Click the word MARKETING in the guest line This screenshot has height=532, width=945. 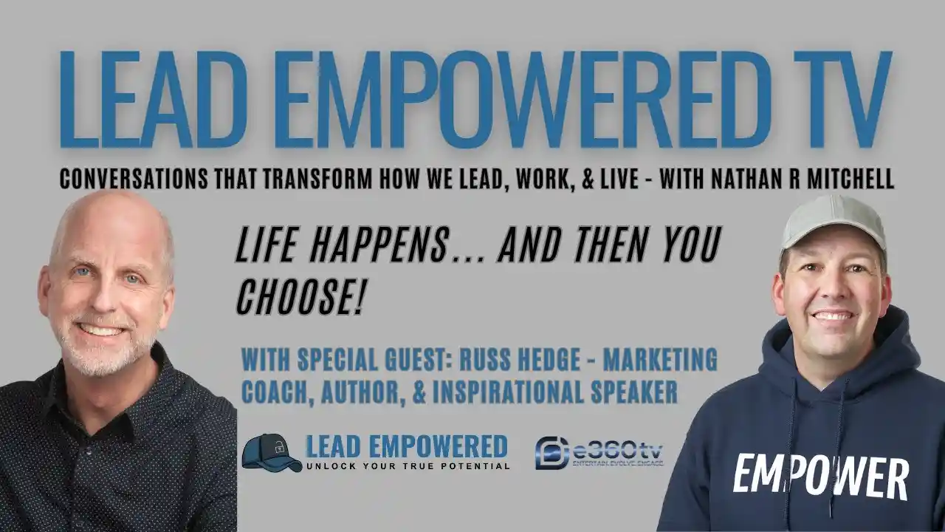660,361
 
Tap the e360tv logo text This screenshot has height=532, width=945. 616,449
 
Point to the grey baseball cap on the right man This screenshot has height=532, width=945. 832,221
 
